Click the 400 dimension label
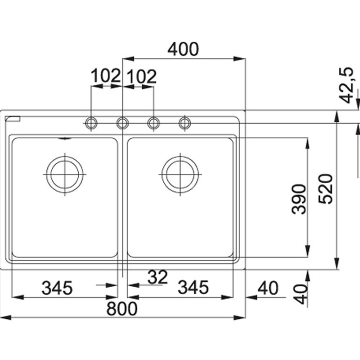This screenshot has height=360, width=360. [x=183, y=49]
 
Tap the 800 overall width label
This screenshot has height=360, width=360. [x=122, y=309]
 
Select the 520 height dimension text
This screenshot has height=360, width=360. [x=325, y=189]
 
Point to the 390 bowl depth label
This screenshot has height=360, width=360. [x=299, y=199]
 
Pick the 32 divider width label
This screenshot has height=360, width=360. [x=157, y=277]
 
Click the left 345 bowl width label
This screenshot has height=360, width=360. [x=57, y=288]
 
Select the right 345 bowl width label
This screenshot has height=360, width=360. [x=193, y=287]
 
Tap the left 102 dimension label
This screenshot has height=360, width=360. [x=106, y=76]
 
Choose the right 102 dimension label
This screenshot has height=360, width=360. [x=142, y=76]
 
